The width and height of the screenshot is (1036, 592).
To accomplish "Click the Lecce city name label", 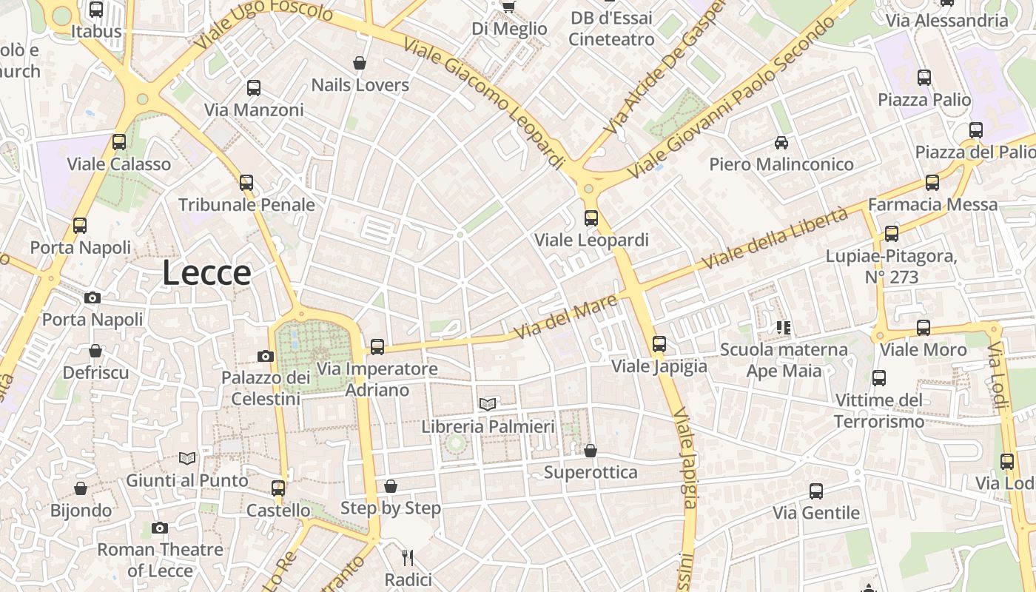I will pyautogui.click(x=206, y=273).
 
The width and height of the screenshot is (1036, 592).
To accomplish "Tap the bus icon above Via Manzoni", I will pyautogui.click(x=254, y=88).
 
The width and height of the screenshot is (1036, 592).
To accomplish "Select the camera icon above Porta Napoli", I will pyautogui.click(x=92, y=297).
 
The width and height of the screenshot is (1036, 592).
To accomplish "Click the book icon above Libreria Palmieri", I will pyautogui.click(x=487, y=404).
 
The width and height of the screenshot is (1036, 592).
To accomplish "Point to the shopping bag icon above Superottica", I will pyautogui.click(x=591, y=450).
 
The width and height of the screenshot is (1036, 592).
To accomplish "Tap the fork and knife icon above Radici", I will pyautogui.click(x=407, y=557).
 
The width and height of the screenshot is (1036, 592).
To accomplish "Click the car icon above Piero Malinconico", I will pyautogui.click(x=781, y=142).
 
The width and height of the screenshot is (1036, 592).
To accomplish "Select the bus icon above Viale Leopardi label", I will pyautogui.click(x=591, y=218).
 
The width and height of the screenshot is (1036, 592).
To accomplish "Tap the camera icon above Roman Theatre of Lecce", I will pyautogui.click(x=159, y=528).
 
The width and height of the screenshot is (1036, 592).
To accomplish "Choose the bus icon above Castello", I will pyautogui.click(x=278, y=488).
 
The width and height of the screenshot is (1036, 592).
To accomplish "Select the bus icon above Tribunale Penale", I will pyautogui.click(x=246, y=182).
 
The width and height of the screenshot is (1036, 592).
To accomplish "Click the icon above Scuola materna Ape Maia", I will pyautogui.click(x=784, y=327).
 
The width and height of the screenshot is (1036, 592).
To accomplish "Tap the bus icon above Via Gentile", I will pyautogui.click(x=815, y=491).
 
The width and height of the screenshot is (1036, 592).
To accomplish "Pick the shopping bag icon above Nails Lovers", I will pyautogui.click(x=360, y=63).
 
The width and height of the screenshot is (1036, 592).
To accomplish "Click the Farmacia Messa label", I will pyautogui.click(x=932, y=204).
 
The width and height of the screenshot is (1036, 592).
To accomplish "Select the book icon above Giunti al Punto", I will pyautogui.click(x=187, y=459).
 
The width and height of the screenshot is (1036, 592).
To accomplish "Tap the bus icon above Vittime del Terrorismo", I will pyautogui.click(x=879, y=378).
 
